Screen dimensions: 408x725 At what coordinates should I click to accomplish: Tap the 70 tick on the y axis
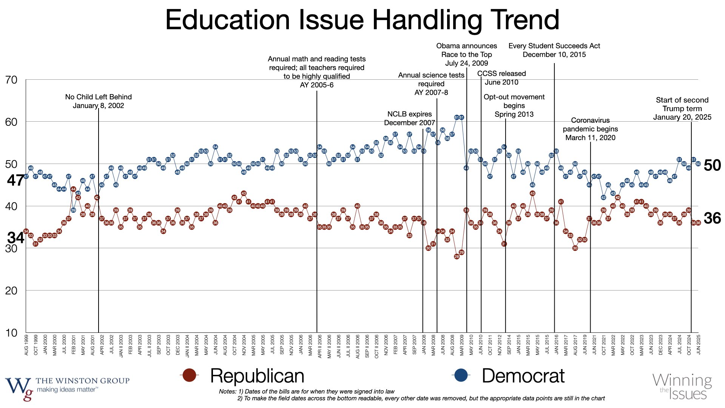(x=11, y=80)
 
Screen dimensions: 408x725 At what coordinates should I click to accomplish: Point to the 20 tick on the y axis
(x=11, y=291)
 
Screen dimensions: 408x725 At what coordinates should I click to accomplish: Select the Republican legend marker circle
(x=189, y=376)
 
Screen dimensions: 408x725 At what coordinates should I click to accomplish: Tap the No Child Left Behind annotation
(x=98, y=101)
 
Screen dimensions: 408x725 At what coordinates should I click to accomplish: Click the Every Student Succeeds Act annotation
(x=554, y=50)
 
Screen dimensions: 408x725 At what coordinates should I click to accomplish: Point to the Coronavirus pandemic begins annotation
(x=590, y=129)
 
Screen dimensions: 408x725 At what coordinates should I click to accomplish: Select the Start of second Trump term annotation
(x=682, y=108)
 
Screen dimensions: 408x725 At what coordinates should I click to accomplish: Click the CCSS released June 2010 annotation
(x=501, y=78)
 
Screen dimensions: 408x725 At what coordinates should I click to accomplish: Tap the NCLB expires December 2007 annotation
(x=409, y=118)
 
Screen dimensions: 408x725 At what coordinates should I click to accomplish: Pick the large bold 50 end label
(x=712, y=165)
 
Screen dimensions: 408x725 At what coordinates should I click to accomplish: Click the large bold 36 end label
(x=712, y=218)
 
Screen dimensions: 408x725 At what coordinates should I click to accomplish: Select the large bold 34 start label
(x=16, y=238)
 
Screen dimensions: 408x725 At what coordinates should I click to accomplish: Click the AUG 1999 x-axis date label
(x=26, y=345)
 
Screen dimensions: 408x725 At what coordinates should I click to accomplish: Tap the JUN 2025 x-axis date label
(x=699, y=345)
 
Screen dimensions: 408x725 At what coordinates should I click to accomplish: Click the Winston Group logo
(x=67, y=388)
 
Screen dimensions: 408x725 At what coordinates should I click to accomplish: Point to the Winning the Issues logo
(x=682, y=386)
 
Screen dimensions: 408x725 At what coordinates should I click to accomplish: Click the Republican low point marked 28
(x=457, y=257)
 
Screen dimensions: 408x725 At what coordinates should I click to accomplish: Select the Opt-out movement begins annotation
(x=514, y=106)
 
